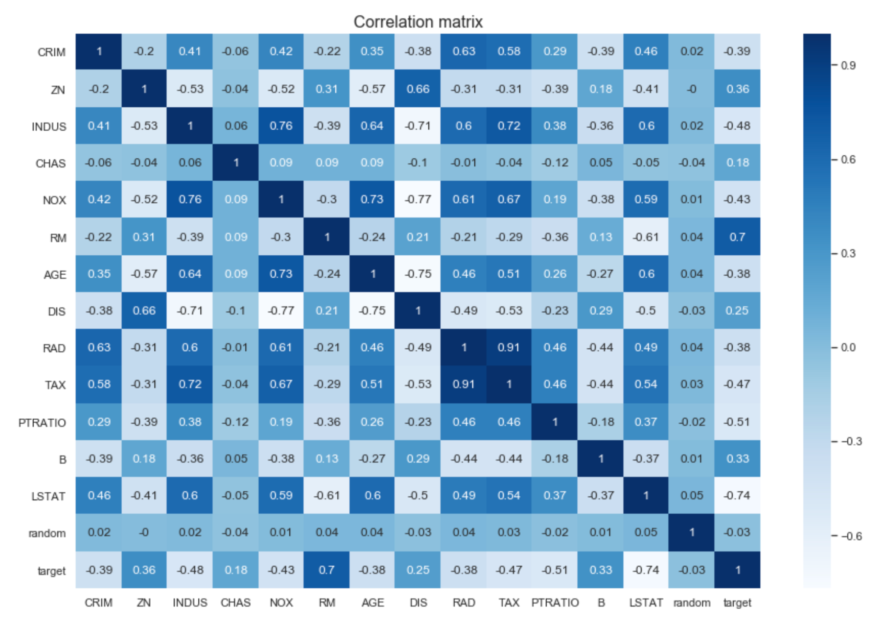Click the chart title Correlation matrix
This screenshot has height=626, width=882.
pos(418,22)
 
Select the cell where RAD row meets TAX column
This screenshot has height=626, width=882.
pos(509,347)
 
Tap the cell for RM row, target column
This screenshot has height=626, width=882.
pos(737,237)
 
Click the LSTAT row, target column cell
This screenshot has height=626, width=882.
pos(737,495)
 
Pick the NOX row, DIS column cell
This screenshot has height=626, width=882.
pos(418,199)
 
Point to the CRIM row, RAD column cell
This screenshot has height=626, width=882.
pos(463,52)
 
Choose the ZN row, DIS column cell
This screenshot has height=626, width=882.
pos(418,89)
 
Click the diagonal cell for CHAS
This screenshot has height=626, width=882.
pos(236,163)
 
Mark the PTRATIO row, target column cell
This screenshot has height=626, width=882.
pos(737,422)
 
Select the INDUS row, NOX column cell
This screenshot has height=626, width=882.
pos(281,126)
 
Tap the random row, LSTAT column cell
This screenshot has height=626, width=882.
pos(646,532)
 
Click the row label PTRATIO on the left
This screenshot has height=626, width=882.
pos(42,423)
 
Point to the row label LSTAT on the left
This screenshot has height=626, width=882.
pos(48,496)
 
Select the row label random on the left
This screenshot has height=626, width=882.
pos(47,534)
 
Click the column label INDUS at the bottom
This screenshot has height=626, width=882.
pos(190,603)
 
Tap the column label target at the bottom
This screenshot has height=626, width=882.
pos(737,603)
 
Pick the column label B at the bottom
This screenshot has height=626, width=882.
pos(601,603)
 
